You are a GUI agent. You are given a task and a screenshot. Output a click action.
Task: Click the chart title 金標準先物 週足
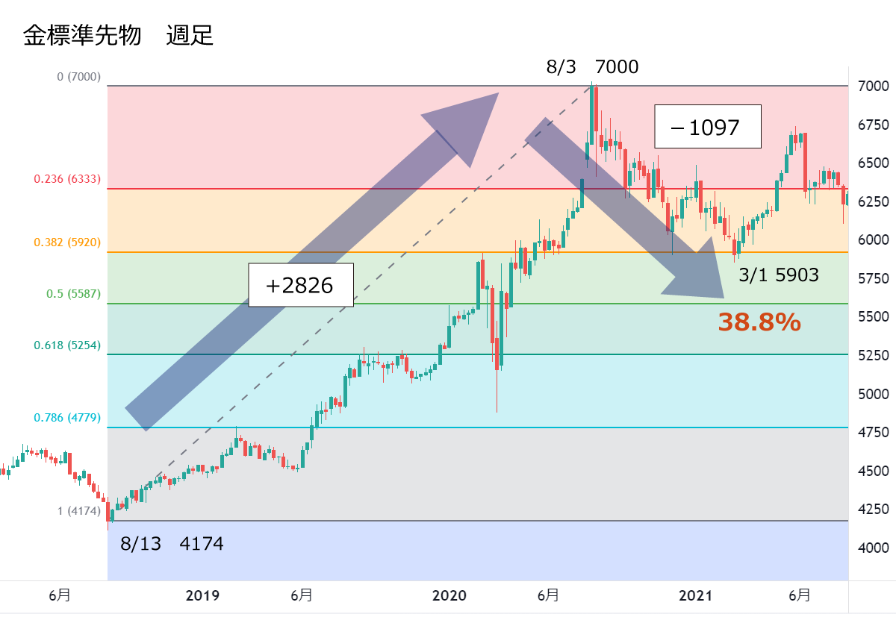pos(118,35)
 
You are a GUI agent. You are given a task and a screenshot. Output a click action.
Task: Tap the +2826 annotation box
pos(299,285)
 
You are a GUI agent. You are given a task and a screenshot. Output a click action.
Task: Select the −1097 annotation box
pos(707,127)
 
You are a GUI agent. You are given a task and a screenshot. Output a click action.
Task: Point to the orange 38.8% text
pos(759,322)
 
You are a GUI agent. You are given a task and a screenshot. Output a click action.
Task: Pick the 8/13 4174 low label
pos(172,544)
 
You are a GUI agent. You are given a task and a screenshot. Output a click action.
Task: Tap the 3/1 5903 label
pos(779,275)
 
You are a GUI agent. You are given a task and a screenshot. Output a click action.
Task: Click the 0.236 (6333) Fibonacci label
pos(67,179)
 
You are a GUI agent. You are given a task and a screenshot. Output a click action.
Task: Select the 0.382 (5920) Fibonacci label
pos(67,242)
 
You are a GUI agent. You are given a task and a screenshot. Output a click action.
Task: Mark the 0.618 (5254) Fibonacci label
pos(67,345)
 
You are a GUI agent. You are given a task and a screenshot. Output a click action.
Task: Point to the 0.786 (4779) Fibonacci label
pos(67,418)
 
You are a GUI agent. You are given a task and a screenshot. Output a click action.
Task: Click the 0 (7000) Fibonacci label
pos(78,77)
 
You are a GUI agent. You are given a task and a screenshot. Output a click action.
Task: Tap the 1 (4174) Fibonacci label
pos(78,511)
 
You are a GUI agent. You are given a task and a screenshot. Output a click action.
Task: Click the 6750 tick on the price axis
pos(872,125)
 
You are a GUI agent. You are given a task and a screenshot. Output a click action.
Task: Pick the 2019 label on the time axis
pos(202,595)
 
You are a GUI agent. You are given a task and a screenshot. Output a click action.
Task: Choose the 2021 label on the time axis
pos(696,595)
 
